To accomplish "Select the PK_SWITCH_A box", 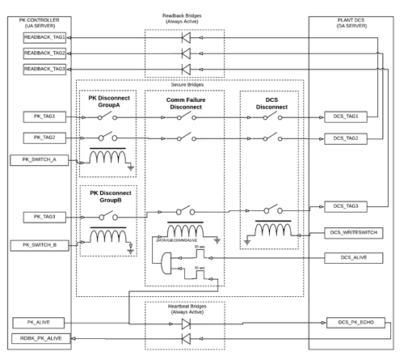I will (x=38, y=160).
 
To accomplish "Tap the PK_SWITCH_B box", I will (x=38, y=245).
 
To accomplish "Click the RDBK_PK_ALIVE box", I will (x=38, y=337).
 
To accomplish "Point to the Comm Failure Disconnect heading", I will (x=185, y=101).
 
